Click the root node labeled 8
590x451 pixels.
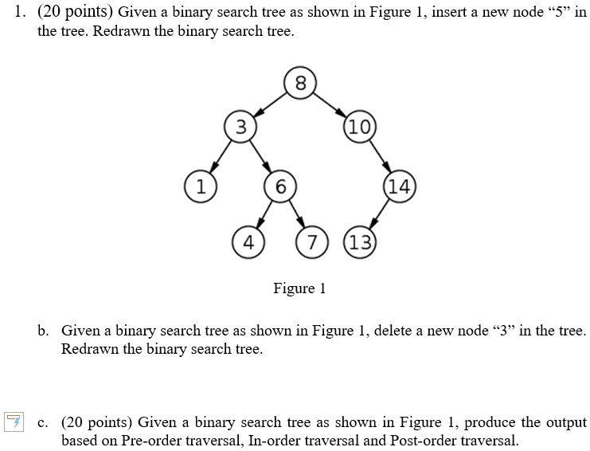pyautogui.click(x=300, y=83)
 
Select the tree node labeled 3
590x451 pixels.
pyautogui.click(x=240, y=127)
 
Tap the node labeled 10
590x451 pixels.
pyautogui.click(x=360, y=127)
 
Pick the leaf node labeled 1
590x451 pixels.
pyautogui.click(x=201, y=186)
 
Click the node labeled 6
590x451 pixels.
pyautogui.click(x=280, y=186)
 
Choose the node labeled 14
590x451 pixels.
pyautogui.click(x=399, y=186)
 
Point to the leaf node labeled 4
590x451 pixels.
pyautogui.click(x=248, y=242)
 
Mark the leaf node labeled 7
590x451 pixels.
pyautogui.click(x=312, y=242)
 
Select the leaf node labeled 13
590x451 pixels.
pyautogui.click(x=360, y=242)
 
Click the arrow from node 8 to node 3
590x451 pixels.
pyautogui.click(x=270, y=104)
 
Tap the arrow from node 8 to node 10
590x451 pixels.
pyautogui.click(x=330, y=104)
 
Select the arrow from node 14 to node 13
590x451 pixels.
pyautogui.click(x=379, y=214)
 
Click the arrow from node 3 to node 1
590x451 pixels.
pyautogui.click(x=221, y=157)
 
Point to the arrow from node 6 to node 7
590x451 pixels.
pyautogui.click(x=296, y=214)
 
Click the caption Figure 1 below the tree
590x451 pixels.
pyautogui.click(x=299, y=288)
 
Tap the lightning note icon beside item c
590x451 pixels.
pyautogui.click(x=14, y=422)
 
